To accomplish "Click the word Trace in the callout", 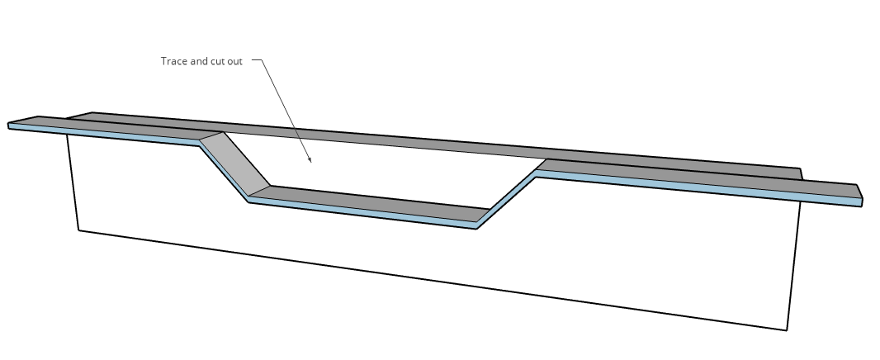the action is coord(174,61).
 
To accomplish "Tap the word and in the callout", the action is coord(199,61).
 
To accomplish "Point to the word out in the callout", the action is coord(235,61).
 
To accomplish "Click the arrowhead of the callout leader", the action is coord(310,160).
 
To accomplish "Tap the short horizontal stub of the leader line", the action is coord(257,59).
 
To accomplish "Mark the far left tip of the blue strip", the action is coord(8,126).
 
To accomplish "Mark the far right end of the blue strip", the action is coord(861,202).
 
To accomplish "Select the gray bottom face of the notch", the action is coord(371,204).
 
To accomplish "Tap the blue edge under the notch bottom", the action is coord(362,214).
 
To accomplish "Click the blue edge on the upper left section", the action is coord(105,135).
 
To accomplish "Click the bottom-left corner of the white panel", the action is coord(78,230).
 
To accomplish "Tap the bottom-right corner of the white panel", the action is coord(787,330).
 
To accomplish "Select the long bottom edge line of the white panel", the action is coord(432,280).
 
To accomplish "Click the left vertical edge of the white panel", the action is coord(73,182).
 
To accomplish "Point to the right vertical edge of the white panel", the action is coord(793,266).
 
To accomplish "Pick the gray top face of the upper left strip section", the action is coord(112,129).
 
